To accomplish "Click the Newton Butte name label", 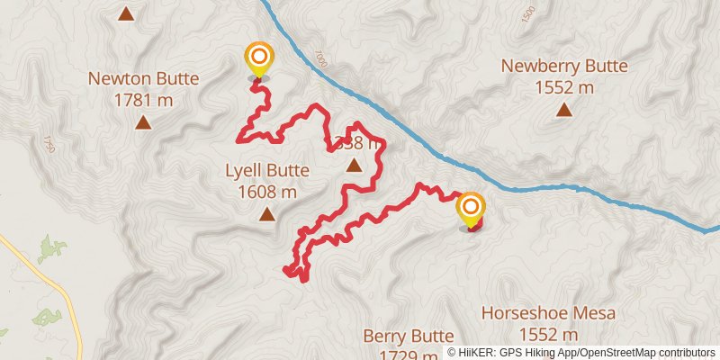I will pos(143,77).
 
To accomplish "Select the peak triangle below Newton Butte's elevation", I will pos(143,121).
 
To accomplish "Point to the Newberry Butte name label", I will pos(564,66).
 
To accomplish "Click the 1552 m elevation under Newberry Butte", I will pos(564,87).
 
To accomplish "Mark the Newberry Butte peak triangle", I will pos(564,110).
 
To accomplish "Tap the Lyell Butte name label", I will pos(267,170).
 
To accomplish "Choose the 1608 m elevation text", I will pos(267,191).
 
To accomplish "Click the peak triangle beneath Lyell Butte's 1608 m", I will pos(267,213).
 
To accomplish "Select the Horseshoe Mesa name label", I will pos(548,313).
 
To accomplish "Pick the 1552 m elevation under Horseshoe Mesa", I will pos(548,334).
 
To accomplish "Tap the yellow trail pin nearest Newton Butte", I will pos(258,59).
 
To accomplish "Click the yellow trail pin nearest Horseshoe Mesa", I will pos(471,211).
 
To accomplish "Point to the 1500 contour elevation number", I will pos(527,14).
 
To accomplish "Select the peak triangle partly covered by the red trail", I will pos(354,165).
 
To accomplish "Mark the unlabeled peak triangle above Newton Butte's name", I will pos(126,13).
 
